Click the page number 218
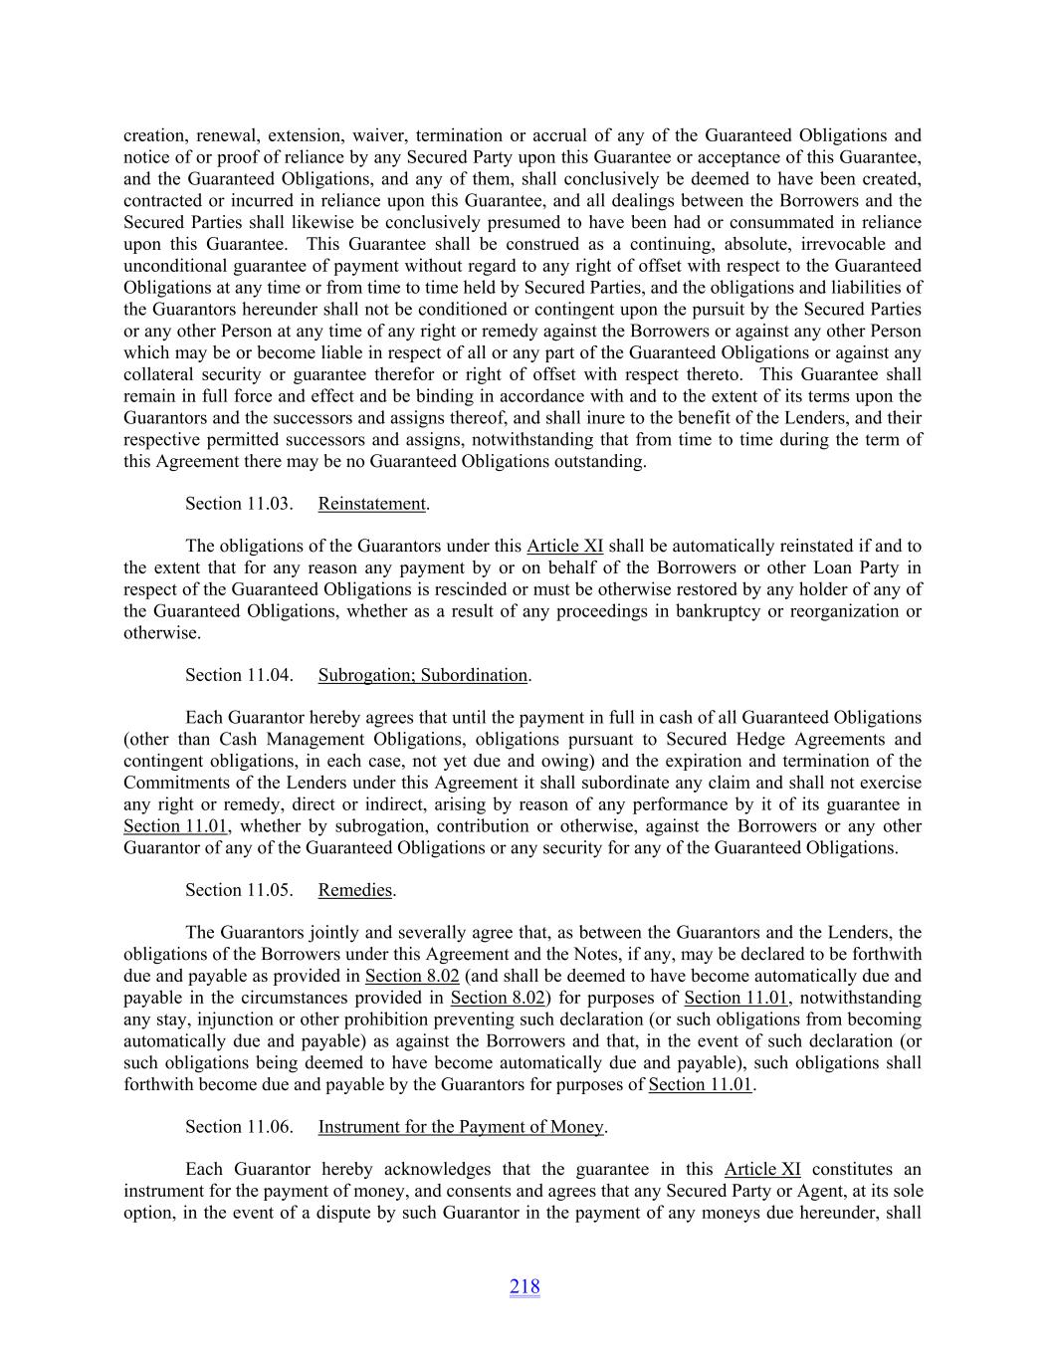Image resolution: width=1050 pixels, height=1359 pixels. [x=525, y=1286]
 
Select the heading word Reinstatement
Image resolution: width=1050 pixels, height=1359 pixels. [x=372, y=504]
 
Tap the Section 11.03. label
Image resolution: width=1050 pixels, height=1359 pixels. [x=239, y=504]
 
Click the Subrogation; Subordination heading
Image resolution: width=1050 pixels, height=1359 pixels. [x=423, y=675]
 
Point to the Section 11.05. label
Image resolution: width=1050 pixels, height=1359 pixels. [x=239, y=890]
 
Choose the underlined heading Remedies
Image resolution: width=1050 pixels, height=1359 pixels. [x=355, y=890]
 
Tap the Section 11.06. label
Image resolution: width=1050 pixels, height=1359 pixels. [x=239, y=1127]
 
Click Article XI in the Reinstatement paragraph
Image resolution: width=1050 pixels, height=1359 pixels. [x=564, y=546]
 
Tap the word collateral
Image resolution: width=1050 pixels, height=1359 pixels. [x=159, y=375]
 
